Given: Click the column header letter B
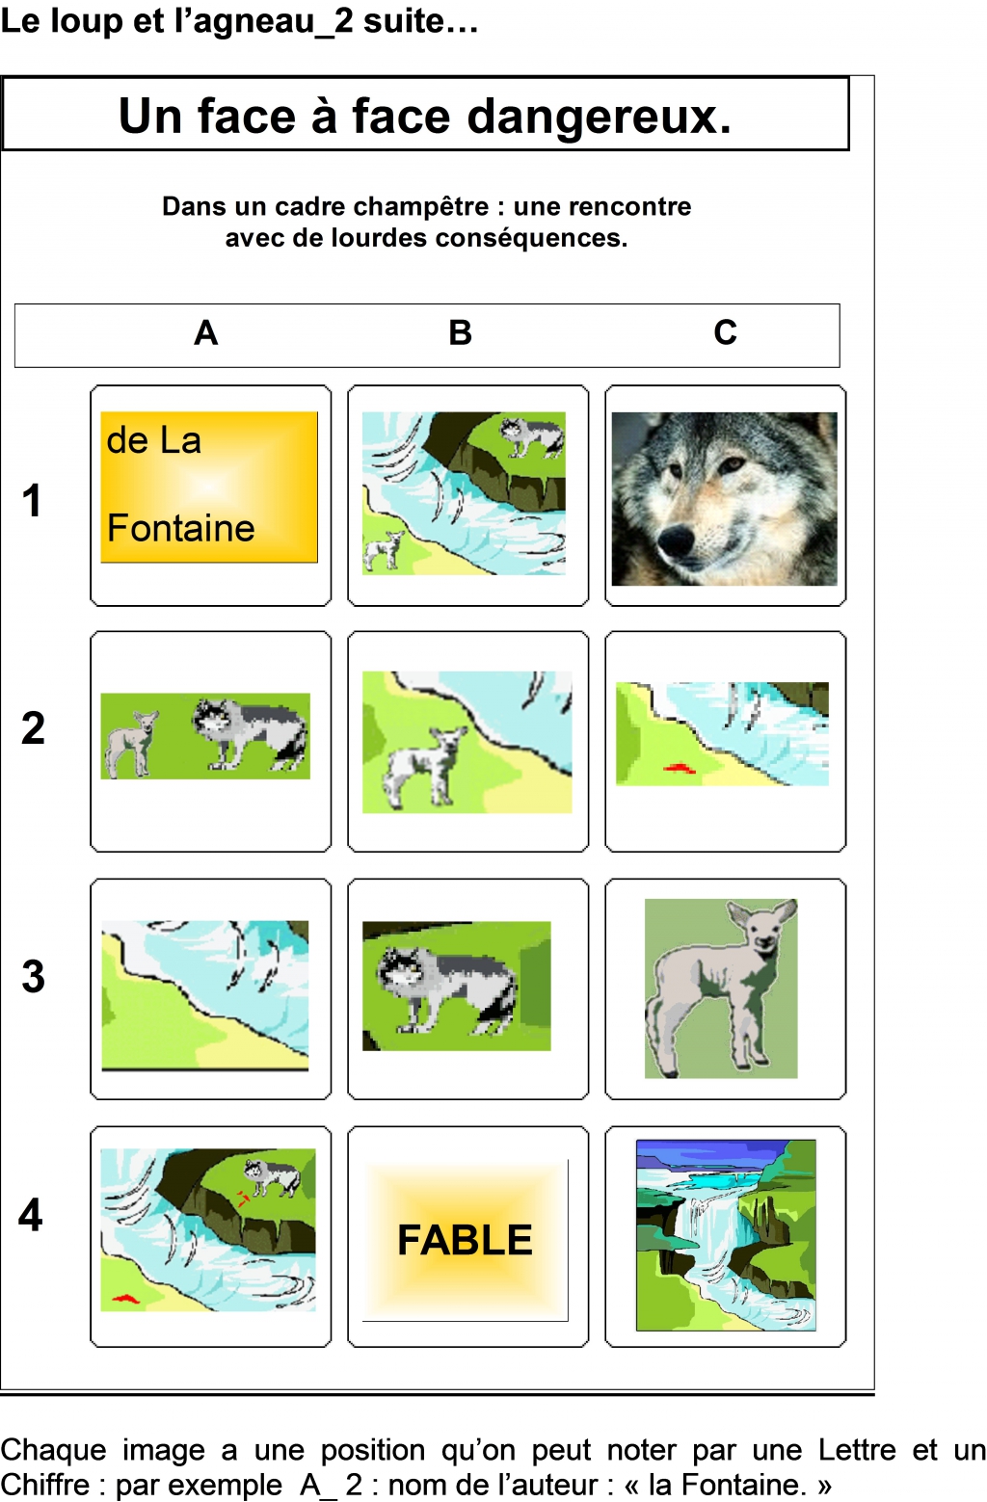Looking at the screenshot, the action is (x=461, y=332).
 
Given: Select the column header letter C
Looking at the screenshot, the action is (x=725, y=332).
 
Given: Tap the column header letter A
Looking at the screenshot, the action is (x=206, y=332).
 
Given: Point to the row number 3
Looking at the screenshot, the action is (x=33, y=976).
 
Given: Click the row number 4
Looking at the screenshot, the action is (x=31, y=1214).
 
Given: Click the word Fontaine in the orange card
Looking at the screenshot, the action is (x=181, y=527).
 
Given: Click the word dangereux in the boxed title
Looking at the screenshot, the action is (x=598, y=117).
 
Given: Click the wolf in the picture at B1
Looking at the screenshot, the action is (x=531, y=436).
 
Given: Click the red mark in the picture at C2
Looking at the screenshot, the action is (x=680, y=768).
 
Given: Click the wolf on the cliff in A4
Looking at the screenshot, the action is (x=273, y=1176).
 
